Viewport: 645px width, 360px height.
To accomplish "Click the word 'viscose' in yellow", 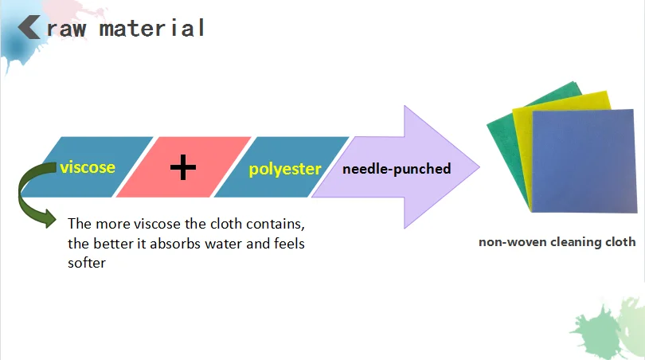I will point(87,167).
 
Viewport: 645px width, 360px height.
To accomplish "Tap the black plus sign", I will point(183,167).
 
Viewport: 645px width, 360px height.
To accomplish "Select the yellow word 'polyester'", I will point(284,169).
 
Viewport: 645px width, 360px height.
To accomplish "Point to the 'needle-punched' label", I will point(397,169).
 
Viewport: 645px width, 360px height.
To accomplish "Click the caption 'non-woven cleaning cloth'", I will point(557,242).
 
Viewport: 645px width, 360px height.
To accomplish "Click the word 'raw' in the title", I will point(72,29).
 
